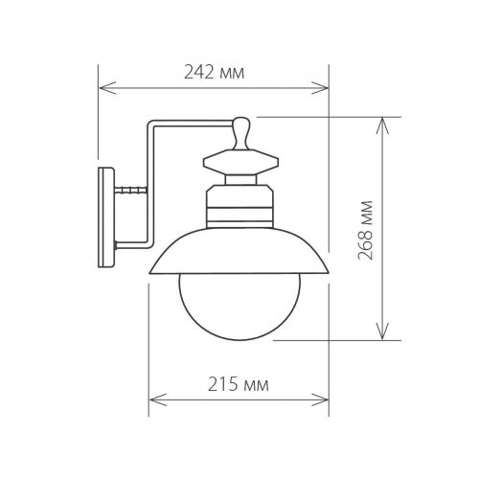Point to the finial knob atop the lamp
240,127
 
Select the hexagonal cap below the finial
240,157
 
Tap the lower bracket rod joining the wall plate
132,245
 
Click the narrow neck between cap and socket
239,178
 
